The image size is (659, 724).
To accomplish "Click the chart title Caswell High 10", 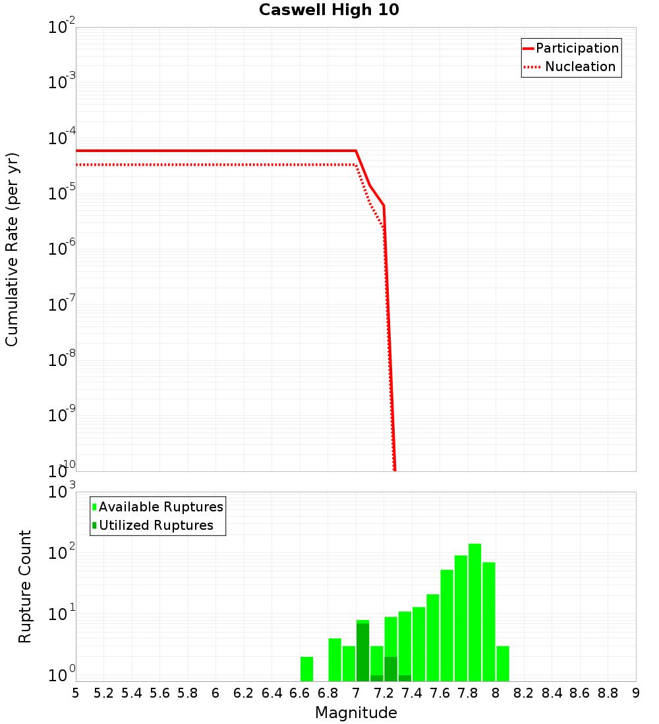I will [x=329, y=10].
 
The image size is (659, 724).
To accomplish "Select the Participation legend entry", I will [x=577, y=48].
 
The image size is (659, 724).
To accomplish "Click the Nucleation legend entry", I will [x=579, y=66].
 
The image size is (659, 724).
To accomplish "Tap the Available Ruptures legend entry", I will [x=160, y=507].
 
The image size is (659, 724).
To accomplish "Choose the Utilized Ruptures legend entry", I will [x=156, y=525].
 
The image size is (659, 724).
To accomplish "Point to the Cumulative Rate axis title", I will [x=12, y=249].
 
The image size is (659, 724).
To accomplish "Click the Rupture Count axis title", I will [x=25, y=586].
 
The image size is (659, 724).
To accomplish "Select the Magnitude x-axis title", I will [x=356, y=713].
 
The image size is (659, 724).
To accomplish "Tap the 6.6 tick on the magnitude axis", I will [x=300, y=693].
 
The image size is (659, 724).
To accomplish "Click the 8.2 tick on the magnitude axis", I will [x=524, y=693].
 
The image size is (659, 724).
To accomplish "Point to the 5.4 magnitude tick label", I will [x=132, y=693].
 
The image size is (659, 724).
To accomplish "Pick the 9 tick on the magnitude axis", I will [x=636, y=693].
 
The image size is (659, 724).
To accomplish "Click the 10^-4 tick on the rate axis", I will [x=61, y=139].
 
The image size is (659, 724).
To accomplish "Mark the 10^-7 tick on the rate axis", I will [x=61, y=305].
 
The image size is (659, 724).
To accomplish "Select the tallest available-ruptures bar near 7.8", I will [x=474, y=612].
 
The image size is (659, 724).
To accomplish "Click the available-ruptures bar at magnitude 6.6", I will [x=306, y=669].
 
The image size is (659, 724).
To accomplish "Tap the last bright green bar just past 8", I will [x=503, y=663].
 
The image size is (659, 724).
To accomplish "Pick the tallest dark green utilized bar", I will [x=362, y=652].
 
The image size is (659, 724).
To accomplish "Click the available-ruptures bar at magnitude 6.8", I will [x=335, y=659].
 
